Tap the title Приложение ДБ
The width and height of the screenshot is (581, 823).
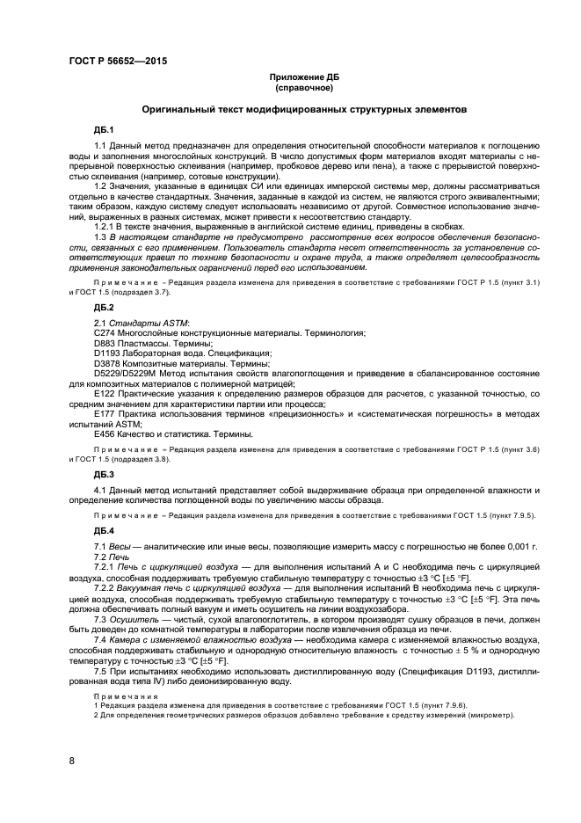pos(303,77)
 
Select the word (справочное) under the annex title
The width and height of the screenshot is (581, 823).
pos(303,88)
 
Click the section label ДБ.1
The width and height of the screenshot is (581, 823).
pos(104,130)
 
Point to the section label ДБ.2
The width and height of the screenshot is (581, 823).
pos(104,308)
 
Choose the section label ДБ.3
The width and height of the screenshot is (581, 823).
pos(104,474)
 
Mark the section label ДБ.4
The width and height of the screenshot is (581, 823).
pos(104,531)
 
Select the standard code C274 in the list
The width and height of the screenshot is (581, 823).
pos(105,334)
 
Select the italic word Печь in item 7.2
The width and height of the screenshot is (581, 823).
pos(119,557)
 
